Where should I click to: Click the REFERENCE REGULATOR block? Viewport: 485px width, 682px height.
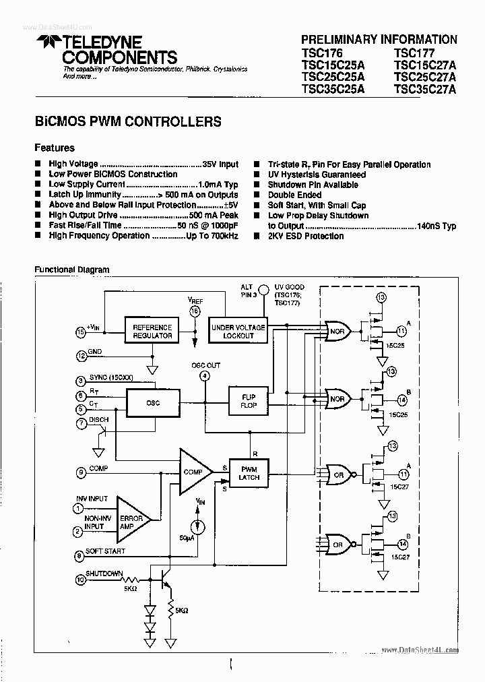152,331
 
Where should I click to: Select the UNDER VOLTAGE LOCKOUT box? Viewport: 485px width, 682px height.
238,331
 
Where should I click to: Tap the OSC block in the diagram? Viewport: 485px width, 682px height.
152,403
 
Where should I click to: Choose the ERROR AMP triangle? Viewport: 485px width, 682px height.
131,519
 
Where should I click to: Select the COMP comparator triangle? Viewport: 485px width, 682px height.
193,472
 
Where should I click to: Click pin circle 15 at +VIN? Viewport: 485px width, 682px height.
80,332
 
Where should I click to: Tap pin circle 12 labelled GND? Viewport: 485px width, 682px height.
80,355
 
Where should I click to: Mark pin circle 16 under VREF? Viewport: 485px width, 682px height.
195,311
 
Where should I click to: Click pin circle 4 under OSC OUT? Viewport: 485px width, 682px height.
205,377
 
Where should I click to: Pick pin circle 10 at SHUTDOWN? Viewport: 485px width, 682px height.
80,579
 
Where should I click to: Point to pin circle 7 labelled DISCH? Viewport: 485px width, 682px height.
80,423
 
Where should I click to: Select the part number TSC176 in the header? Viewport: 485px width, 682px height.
323,53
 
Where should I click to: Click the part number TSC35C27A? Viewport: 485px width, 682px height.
425,88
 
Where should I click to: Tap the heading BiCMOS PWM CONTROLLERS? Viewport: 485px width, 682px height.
128,122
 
